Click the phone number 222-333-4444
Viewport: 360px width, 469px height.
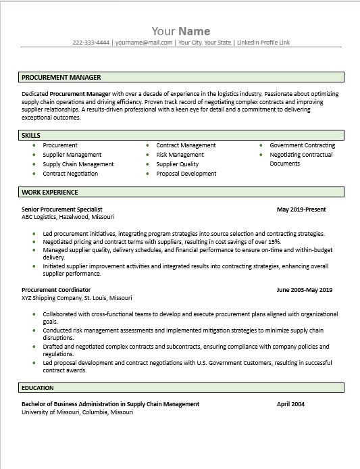[x=91, y=43]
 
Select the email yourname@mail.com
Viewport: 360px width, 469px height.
[x=144, y=43]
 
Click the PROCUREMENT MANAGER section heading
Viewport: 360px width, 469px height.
[x=61, y=78]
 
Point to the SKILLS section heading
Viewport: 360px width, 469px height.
[x=31, y=136]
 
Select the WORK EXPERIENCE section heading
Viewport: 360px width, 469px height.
[x=49, y=193]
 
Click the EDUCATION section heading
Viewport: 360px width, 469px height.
[x=38, y=389]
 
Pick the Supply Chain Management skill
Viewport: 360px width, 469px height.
[x=78, y=164]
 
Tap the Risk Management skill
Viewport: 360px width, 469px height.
[x=180, y=155]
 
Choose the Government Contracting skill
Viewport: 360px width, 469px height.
[x=302, y=145]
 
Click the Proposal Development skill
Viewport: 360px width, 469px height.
[x=186, y=174]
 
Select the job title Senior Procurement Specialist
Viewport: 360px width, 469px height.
[x=62, y=209]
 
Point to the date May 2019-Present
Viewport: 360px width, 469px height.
[x=301, y=209]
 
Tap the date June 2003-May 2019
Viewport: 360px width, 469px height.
[x=305, y=290]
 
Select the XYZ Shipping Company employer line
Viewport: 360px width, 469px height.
[x=77, y=298]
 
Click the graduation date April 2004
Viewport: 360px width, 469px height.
[x=290, y=404]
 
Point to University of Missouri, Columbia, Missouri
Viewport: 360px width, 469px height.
[x=77, y=412]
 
